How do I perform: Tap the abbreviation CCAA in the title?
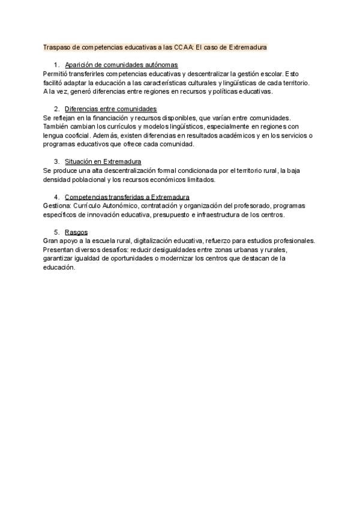(x=183, y=46)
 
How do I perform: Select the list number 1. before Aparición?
(x=56, y=64)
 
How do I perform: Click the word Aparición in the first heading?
(x=79, y=64)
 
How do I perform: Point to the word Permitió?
(x=56, y=73)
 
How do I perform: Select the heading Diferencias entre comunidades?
(x=110, y=109)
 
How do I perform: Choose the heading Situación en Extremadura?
(x=103, y=161)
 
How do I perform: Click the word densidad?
(x=56, y=179)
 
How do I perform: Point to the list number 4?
(x=56, y=197)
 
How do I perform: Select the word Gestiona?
(x=57, y=206)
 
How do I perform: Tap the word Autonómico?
(x=117, y=206)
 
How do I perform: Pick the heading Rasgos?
(x=76, y=232)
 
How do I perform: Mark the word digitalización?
(x=160, y=241)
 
